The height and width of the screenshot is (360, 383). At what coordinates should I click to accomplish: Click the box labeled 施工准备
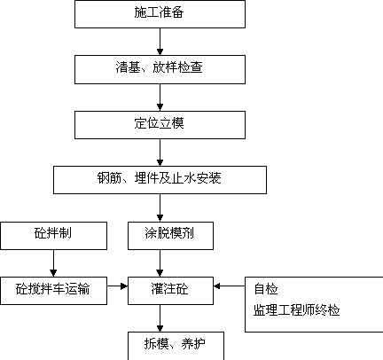(160, 14)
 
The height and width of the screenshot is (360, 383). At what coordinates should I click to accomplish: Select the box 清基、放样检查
(160, 69)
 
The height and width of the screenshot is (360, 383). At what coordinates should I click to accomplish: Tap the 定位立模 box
(160, 125)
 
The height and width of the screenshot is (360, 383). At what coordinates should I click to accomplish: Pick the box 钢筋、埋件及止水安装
(160, 180)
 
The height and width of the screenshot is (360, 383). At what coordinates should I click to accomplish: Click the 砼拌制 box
(53, 236)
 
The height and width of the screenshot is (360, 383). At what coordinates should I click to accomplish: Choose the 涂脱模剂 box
(170, 236)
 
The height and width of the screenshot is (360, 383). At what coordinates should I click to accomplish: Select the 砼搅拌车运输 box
(53, 291)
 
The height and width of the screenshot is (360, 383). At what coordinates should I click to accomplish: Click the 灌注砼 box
(170, 291)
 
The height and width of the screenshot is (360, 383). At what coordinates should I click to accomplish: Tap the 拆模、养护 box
(176, 346)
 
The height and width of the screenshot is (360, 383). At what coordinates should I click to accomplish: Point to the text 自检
(266, 289)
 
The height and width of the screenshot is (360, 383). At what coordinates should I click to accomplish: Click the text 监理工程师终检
(297, 310)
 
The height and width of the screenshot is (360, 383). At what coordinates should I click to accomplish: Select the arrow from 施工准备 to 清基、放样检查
(160, 42)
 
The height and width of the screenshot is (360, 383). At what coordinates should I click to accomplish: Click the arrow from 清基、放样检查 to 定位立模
(160, 98)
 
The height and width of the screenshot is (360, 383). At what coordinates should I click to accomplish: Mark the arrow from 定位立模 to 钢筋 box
(160, 153)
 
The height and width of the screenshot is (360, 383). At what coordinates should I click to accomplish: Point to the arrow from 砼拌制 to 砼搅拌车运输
(53, 263)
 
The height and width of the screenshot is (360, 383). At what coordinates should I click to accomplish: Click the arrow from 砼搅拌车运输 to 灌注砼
(117, 286)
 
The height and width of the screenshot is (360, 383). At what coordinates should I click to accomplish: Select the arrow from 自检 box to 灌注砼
(230, 286)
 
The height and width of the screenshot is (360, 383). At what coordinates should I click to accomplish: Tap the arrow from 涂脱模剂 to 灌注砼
(160, 263)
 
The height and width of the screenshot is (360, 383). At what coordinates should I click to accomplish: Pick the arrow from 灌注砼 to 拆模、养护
(160, 318)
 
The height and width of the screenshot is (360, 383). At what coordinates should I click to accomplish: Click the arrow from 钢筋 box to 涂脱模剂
(160, 207)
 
